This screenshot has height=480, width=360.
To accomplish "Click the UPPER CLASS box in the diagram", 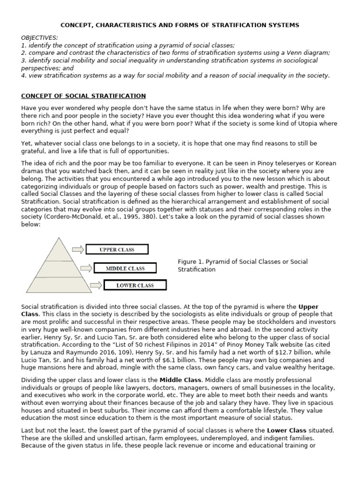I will point(117,249).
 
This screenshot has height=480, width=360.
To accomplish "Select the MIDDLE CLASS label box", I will point(125,269).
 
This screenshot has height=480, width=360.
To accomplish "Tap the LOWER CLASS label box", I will point(135,285).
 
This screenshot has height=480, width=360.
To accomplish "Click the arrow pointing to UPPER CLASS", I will point(78,249).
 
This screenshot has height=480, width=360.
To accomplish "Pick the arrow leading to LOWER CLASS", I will point(95,285).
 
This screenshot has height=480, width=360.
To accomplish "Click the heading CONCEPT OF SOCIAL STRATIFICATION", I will point(83,96).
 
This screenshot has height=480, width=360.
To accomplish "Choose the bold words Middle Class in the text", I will point(180,379).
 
